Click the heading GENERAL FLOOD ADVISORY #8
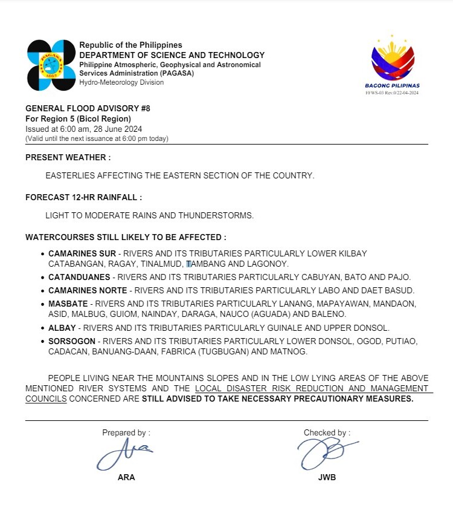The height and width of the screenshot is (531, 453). [88, 109]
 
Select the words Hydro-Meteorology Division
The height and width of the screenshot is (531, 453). [121, 82]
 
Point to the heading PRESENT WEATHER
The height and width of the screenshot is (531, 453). [68, 157]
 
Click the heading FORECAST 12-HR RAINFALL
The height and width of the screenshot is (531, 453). [83, 198]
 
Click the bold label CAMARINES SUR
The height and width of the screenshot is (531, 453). [82, 254]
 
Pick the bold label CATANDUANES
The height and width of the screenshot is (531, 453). [79, 277]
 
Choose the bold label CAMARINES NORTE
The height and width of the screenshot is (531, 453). [88, 291]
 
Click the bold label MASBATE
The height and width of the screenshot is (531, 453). [68, 303]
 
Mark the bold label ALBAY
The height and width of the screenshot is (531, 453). [62, 328]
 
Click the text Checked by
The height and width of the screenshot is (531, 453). [326, 433]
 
